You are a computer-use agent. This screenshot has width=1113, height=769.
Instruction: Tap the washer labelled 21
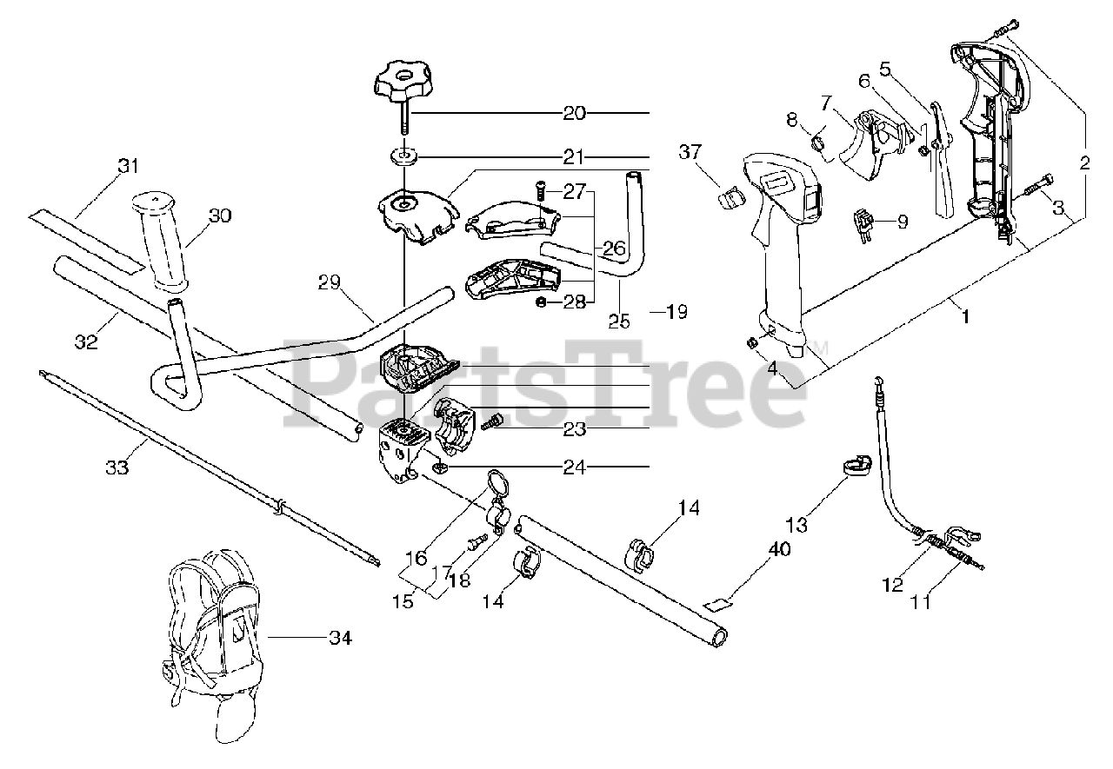coord(403,156)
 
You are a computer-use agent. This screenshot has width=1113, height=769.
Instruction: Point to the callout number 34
coord(340,639)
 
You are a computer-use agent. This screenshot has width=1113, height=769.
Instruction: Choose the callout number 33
coord(117,467)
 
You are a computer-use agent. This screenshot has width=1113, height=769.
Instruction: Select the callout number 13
coord(796,525)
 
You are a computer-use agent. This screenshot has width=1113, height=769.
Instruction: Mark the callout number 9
coord(902,222)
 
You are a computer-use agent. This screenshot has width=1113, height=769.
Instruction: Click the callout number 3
coord(1058,208)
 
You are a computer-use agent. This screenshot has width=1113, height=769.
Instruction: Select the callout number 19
coord(676,311)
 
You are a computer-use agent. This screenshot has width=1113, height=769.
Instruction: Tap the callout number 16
coord(416,557)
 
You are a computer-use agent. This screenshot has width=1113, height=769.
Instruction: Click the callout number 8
coord(791,120)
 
